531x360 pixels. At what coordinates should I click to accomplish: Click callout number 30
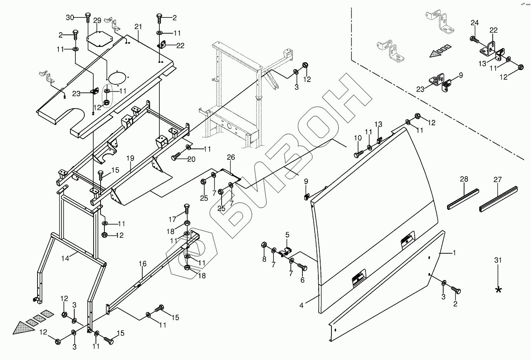70,17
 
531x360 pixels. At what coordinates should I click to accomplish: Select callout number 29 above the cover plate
97,20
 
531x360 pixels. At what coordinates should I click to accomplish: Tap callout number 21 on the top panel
138,27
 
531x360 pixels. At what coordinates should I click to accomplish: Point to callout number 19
130,158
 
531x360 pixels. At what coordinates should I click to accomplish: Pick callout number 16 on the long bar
143,264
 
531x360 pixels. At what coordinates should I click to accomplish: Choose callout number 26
231,157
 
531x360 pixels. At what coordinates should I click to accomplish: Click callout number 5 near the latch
287,235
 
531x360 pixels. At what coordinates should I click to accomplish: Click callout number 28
464,179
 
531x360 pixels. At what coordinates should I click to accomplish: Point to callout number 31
498,260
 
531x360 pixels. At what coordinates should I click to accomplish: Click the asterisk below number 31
499,290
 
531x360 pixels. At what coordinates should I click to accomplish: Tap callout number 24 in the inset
475,23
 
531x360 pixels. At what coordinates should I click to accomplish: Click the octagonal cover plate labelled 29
99,39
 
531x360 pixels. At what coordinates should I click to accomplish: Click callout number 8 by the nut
265,259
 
